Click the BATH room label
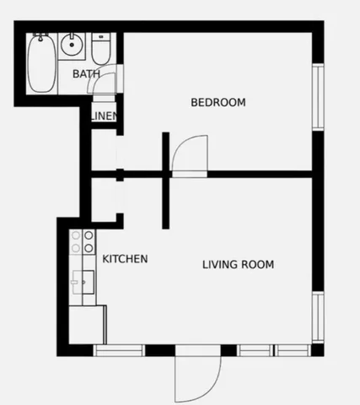pyautogui.click(x=86, y=74)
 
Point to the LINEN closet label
pyautogui.click(x=104, y=116)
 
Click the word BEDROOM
pyautogui.click(x=218, y=103)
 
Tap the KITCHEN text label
pyautogui.click(x=125, y=259)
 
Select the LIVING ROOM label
pyautogui.click(x=238, y=265)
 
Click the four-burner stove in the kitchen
pyautogui.click(x=82, y=242)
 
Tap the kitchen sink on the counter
pyautogui.click(x=82, y=279)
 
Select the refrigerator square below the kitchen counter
pyautogui.click(x=85, y=323)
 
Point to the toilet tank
pyautogui.click(x=101, y=37)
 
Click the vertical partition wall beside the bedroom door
pyautogui.click(x=166, y=180)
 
